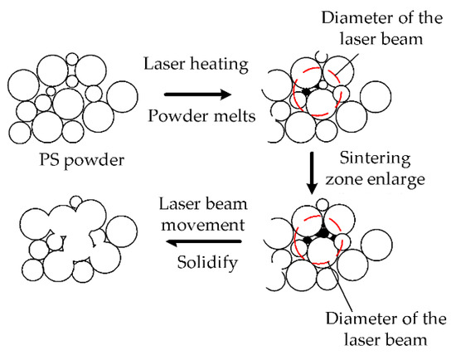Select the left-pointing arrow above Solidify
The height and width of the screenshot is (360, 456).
coord(204,242)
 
